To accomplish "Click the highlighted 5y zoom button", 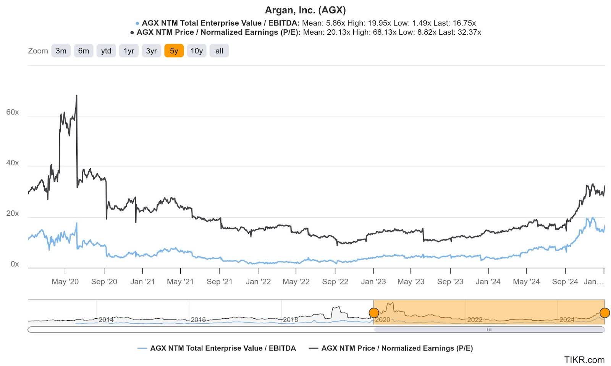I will (x=174, y=51).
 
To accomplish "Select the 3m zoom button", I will (x=61, y=51).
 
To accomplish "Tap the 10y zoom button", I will (x=196, y=51).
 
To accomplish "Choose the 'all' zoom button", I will (x=219, y=51).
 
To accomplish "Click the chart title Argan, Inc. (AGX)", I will (x=305, y=10).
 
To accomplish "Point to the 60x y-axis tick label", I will (x=12, y=112).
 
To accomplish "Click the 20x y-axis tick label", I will (x=12, y=213).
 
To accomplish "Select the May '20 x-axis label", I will (x=65, y=282).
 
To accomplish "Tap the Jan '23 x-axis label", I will (x=373, y=282).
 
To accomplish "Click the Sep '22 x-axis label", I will (x=335, y=282).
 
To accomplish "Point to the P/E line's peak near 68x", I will (x=77, y=96).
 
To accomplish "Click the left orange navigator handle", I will (x=374, y=313).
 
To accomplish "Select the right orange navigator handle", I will (x=605, y=313).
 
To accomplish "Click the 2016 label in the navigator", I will (x=198, y=320).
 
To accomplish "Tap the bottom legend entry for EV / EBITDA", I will (x=223, y=348).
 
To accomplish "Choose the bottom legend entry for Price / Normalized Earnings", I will (x=397, y=348).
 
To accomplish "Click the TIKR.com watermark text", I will (x=584, y=360).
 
